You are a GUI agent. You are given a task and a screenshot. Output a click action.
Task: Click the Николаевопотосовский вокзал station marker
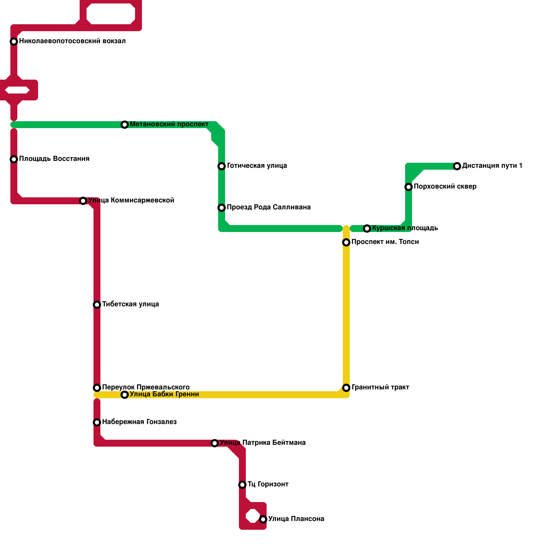(x=14, y=42)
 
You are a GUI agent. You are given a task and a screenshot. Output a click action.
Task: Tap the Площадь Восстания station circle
(x=14, y=159)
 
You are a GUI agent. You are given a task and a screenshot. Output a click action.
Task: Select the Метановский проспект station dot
(x=125, y=125)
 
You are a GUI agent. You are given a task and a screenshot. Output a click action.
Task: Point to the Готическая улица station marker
(x=222, y=166)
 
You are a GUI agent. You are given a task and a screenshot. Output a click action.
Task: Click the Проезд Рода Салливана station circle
(x=222, y=208)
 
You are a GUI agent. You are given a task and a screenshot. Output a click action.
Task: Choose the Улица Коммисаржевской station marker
(x=83, y=201)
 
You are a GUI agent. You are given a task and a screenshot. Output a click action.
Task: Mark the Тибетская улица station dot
(x=97, y=305)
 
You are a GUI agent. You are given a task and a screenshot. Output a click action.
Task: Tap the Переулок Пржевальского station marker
(x=97, y=388)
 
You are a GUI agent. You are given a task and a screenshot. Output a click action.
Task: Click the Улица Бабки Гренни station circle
(x=125, y=395)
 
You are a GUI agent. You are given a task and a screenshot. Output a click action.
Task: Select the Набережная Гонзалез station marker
(x=97, y=422)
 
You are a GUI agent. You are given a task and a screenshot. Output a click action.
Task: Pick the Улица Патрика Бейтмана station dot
(x=215, y=443)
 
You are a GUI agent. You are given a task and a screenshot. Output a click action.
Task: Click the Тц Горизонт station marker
(x=242, y=485)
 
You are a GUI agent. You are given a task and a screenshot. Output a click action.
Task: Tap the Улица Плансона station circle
(x=263, y=519)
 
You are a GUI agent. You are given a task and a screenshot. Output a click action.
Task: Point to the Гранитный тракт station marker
(x=346, y=388)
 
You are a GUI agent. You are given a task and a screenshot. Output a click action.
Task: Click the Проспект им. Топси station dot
(x=346, y=242)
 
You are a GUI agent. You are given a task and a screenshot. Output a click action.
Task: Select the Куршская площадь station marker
(x=367, y=229)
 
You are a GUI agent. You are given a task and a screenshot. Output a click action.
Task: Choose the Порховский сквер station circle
(x=409, y=187)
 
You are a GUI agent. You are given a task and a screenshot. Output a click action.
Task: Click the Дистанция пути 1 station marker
(x=457, y=166)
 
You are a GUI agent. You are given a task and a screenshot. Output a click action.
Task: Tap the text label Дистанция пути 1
(x=492, y=166)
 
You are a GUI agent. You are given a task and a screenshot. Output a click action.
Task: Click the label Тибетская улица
(x=131, y=304)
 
